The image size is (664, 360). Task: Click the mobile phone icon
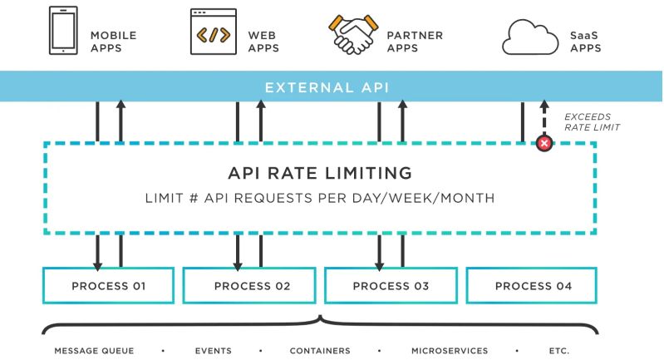click(63, 32)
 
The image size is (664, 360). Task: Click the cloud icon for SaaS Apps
click(529, 37)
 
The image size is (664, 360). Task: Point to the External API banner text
click(327, 87)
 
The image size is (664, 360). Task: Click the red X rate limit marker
click(544, 144)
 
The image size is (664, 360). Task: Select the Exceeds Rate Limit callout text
click(592, 122)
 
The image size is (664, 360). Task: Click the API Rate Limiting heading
click(320, 174)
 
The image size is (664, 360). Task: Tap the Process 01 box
click(109, 286)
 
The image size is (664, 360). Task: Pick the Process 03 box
click(391, 286)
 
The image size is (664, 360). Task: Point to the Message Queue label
click(94, 351)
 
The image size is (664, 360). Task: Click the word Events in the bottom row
click(213, 351)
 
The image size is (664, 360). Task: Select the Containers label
click(320, 351)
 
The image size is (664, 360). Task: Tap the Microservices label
click(450, 351)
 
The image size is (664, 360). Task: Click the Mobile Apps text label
click(113, 42)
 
